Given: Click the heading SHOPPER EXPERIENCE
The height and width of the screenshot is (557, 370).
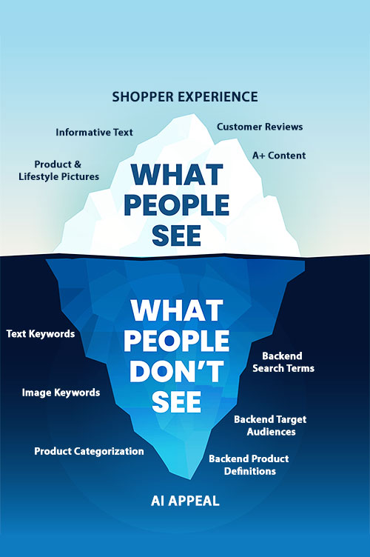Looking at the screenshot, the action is click(185, 97).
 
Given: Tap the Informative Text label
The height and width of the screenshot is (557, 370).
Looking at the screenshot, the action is click(95, 132).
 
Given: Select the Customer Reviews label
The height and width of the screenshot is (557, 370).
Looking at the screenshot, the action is click(260, 127).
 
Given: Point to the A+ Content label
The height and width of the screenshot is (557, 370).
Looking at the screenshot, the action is click(279, 156).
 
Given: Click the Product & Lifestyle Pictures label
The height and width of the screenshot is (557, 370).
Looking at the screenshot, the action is click(59, 170).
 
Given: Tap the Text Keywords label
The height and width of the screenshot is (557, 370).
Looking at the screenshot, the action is click(41, 334).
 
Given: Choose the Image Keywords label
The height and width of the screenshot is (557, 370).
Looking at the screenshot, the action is click(61, 393).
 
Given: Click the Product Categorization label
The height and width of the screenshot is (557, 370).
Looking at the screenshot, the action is click(89, 451).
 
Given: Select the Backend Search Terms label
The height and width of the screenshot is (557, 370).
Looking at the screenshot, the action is click(283, 362).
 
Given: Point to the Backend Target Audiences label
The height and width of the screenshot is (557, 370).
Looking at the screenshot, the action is click(270, 426).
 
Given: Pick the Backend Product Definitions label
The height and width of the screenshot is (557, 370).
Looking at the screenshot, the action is click(249, 464).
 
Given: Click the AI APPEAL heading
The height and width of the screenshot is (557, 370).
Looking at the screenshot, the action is click(185, 501).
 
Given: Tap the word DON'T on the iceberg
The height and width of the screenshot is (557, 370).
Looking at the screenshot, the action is click(177, 371).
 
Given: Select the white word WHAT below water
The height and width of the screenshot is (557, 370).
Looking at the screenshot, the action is click(177, 310).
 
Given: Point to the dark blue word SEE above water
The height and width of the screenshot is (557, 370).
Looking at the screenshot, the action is click(177, 236).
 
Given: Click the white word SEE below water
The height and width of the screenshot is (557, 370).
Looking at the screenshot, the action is click(177, 401).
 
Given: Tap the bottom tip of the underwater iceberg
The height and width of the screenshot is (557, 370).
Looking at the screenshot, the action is click(191, 479).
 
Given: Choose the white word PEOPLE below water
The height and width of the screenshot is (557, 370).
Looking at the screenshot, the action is click(177, 341).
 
